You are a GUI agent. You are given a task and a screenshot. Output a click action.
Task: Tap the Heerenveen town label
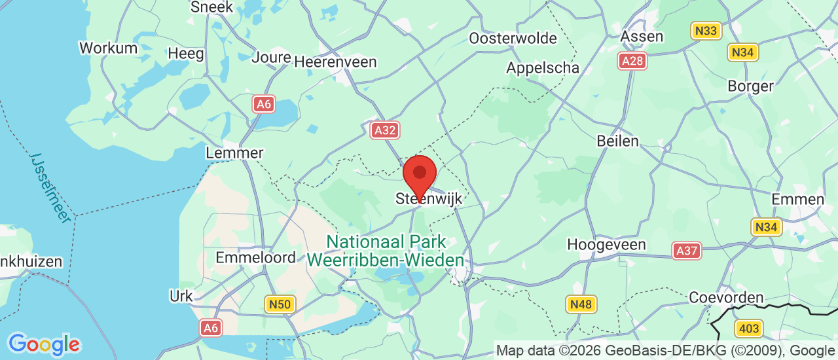(x=335, y=62)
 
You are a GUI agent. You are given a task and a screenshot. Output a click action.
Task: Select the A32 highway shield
(x=384, y=130)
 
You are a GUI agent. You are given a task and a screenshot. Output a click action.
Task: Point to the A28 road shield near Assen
(x=632, y=61)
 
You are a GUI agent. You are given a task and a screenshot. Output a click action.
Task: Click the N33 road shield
(x=706, y=30)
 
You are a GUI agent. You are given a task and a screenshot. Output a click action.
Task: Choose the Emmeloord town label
(x=256, y=258)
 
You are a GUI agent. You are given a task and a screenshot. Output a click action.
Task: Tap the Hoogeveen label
(x=606, y=245)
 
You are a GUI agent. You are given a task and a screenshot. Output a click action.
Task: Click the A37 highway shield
(x=686, y=250)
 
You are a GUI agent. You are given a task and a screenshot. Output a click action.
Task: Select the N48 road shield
(x=581, y=304)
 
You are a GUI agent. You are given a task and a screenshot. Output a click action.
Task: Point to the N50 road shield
(x=281, y=304)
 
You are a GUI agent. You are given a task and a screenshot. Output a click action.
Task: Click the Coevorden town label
(x=726, y=298)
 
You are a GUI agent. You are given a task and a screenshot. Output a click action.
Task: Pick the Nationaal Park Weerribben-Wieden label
(x=386, y=251)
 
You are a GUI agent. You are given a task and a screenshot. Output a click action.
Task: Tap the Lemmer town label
(x=234, y=153)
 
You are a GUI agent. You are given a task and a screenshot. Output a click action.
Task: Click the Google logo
(x=44, y=344)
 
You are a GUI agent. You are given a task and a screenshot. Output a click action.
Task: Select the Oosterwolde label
(x=513, y=39)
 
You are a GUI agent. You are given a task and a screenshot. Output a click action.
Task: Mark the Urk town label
(x=181, y=296)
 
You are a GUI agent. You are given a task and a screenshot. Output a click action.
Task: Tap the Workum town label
(x=108, y=48)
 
